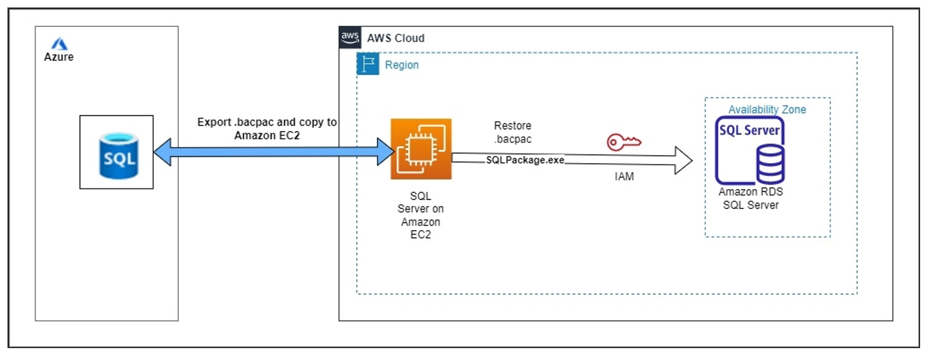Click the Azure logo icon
pos(58,43)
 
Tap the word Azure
pos(58,57)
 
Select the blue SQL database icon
pos(117,152)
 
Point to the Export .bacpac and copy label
pos(267,128)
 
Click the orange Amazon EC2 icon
pos(421,149)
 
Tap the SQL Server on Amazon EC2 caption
pos(420,215)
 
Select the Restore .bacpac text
pos(512,132)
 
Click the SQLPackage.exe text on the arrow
pos(525,160)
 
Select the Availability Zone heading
pos(766,110)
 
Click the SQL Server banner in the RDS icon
pos(750,131)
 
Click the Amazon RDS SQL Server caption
pos(750,198)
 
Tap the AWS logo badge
pos(350,37)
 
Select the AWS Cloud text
pos(395,38)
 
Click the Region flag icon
pos(368,64)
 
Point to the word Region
pos(401,65)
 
